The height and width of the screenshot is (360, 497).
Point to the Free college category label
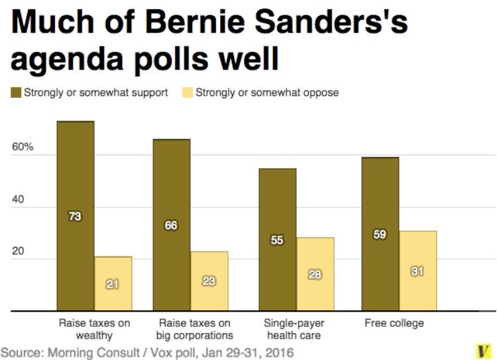point(394,324)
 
